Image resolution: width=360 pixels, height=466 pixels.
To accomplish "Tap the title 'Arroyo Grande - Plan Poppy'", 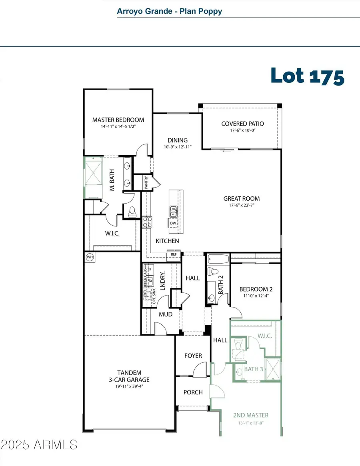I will (169, 11).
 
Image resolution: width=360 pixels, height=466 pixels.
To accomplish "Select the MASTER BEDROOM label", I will (118, 120).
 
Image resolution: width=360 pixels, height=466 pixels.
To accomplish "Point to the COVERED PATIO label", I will (242, 124).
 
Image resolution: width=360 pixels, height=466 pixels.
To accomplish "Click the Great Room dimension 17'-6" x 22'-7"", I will (241, 206).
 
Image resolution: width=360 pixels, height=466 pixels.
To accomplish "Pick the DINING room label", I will (178, 140).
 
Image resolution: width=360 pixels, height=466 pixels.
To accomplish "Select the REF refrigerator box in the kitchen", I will (174, 254).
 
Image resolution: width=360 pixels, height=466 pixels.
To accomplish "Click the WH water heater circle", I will (90, 257).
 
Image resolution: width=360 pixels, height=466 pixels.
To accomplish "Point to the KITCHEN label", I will (167, 241).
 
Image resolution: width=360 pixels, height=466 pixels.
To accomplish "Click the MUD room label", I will (166, 314).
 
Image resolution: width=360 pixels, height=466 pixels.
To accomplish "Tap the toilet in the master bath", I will (132, 212).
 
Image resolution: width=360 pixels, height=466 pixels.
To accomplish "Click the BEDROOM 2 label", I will (256, 289).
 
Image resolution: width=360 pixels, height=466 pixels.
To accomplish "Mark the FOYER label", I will (193, 356).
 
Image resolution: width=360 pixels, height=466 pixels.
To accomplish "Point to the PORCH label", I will (193, 392).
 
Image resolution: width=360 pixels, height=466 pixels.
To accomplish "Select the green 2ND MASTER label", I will (251, 415).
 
